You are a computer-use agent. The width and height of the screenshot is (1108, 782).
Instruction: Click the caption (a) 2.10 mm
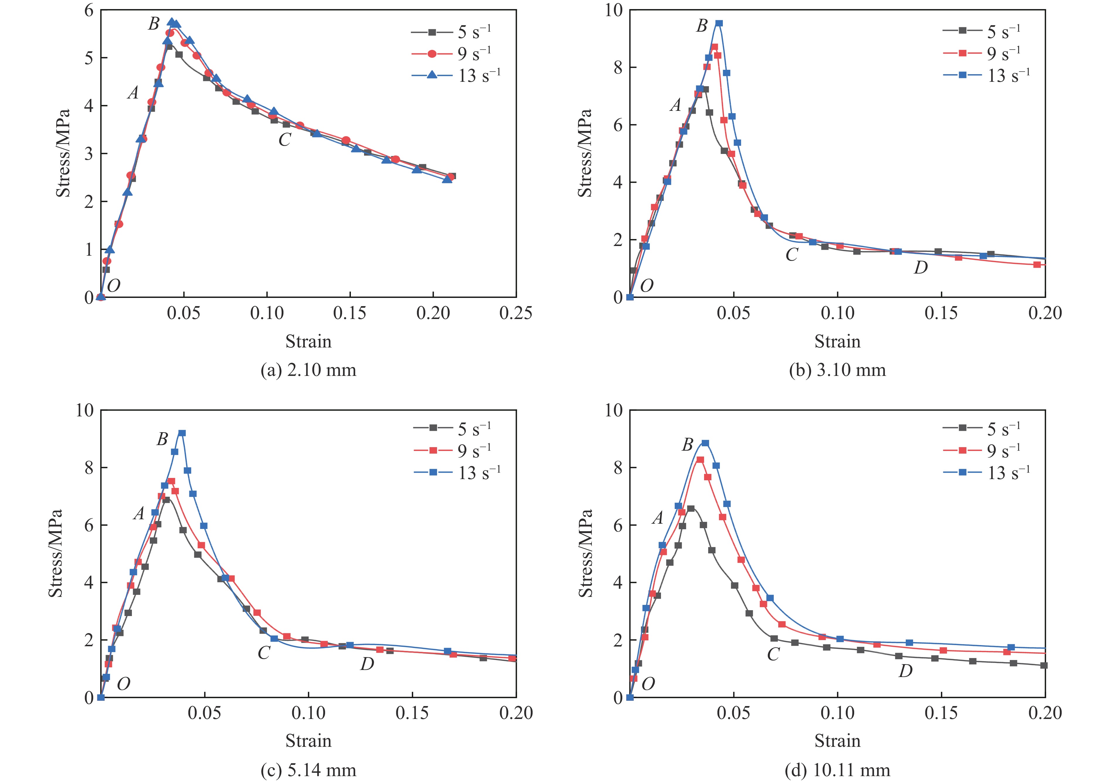click(308, 370)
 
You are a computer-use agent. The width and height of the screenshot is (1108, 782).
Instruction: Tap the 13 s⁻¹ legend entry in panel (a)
click(456, 75)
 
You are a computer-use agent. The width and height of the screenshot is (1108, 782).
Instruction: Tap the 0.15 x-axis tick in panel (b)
click(941, 313)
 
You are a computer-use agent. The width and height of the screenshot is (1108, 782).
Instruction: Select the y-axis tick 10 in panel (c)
click(84, 410)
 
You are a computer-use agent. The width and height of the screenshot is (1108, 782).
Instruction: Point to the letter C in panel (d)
click(774, 654)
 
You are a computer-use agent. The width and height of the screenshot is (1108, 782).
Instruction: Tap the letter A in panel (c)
click(139, 514)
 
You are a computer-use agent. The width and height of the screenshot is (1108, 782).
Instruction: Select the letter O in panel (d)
click(648, 683)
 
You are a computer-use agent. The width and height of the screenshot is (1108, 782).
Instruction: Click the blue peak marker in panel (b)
click(719, 23)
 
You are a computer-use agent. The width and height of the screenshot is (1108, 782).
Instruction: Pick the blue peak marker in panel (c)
click(182, 433)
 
